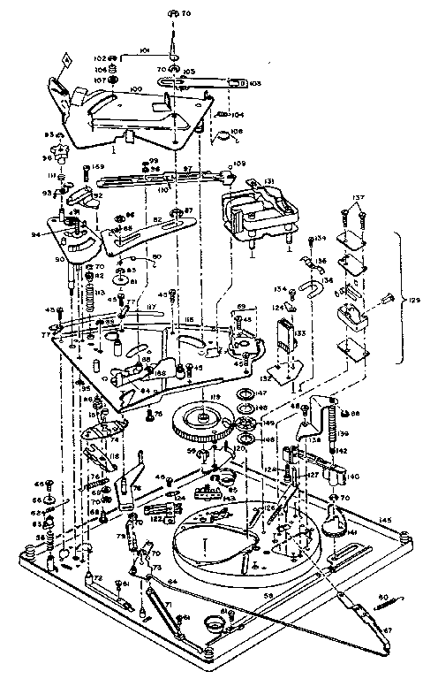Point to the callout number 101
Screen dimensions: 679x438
[x=144, y=51]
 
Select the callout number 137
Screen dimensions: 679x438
[x=359, y=197]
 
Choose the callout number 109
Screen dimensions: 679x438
[x=238, y=164]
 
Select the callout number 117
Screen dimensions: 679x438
[x=151, y=308]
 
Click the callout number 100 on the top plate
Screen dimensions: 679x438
[x=137, y=90]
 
